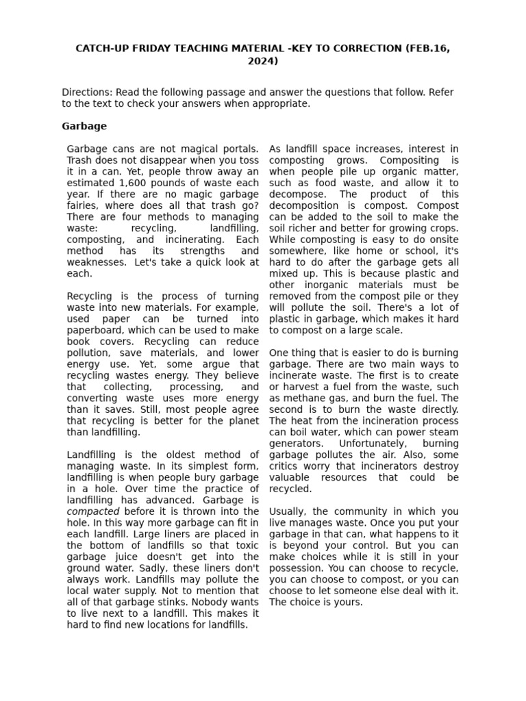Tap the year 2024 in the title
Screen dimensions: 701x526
click(x=263, y=61)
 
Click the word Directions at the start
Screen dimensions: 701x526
click(x=87, y=92)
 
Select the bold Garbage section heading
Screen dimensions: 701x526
click(x=84, y=126)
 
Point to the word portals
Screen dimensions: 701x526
click(x=242, y=149)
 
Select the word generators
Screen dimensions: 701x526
click(x=296, y=444)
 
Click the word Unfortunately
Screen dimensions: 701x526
click(x=380, y=444)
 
